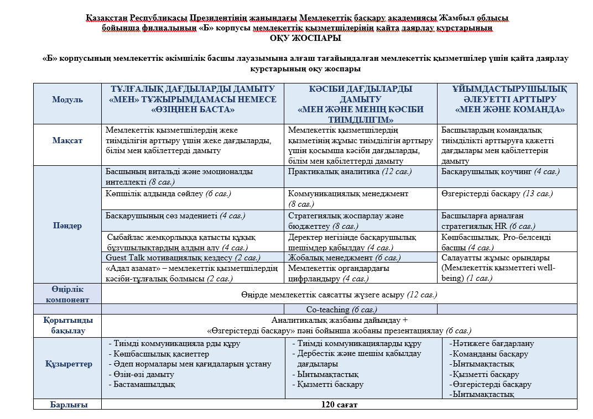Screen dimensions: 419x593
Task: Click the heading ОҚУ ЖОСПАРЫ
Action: click(305, 38)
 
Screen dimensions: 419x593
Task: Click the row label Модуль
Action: click(67, 99)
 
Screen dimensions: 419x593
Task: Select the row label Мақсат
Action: click(67, 140)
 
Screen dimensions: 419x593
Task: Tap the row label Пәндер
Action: click(67, 226)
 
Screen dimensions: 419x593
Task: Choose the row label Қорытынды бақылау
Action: click(67, 326)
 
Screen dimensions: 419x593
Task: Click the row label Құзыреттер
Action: click(67, 364)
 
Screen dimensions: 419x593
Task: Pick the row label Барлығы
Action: click(67, 405)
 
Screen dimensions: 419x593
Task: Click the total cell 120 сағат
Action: click(339, 405)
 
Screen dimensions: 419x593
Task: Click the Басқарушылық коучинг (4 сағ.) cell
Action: click(500, 172)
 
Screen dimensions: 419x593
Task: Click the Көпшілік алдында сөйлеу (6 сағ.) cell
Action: click(168, 193)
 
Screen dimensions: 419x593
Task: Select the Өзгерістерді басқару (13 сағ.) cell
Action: click(497, 193)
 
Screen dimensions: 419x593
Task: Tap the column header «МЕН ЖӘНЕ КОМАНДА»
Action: click(509, 109)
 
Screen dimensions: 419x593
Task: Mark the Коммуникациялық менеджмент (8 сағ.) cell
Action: click(348, 198)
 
